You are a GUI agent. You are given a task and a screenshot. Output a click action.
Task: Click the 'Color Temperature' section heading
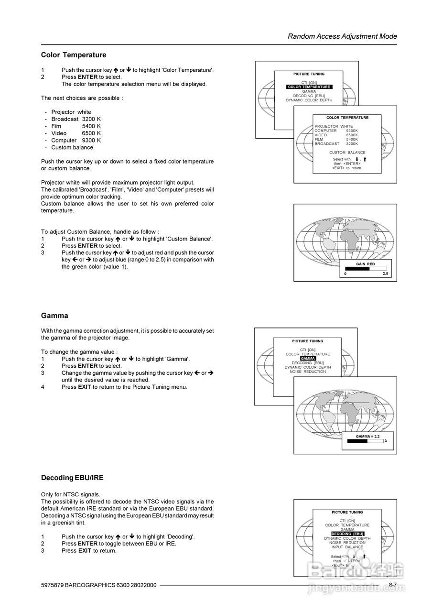point(74,55)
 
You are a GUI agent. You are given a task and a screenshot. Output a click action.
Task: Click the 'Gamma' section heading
point(54,316)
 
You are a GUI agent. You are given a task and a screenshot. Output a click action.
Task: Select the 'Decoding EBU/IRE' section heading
point(72,478)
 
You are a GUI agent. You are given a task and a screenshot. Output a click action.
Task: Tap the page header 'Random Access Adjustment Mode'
point(342,36)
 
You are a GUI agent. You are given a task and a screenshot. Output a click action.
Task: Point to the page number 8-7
point(392,585)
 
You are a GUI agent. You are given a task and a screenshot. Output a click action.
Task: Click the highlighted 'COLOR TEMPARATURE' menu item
point(309,87)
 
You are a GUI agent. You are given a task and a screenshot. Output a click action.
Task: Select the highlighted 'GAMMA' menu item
point(308,359)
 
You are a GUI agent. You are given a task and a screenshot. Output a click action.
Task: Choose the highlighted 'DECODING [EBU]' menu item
point(347,534)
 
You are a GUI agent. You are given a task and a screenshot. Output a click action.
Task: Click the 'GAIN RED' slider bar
point(366,269)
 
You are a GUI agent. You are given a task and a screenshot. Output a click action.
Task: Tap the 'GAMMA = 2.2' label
point(367,437)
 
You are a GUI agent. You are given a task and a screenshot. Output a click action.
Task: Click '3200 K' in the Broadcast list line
point(91,119)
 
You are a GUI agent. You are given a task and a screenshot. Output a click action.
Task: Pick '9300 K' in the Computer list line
point(91,141)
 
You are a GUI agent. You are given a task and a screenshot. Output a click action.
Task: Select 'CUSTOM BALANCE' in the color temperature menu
point(347,153)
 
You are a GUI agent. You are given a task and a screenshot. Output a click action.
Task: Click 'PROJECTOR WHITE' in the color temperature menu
point(334,126)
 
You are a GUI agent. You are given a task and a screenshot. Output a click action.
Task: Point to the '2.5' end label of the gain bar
point(386,274)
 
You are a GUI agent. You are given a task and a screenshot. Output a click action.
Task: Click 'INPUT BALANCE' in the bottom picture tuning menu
point(347,547)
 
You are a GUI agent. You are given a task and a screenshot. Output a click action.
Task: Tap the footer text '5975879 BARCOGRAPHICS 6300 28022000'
point(99,585)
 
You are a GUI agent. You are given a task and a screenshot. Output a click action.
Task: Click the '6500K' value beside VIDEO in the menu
point(352,135)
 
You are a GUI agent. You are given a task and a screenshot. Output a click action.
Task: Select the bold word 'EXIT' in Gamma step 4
point(84,387)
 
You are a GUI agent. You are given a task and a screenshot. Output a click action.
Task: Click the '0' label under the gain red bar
point(346,274)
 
